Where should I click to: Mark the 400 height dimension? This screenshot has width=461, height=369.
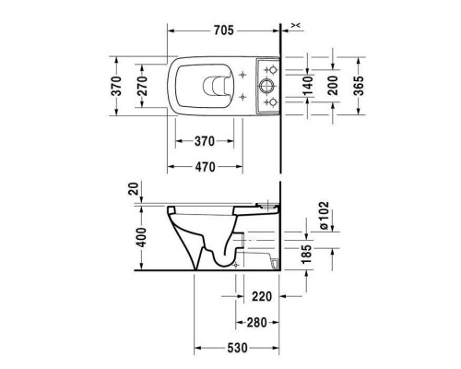[x=138, y=235]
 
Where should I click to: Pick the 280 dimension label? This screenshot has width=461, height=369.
[x=257, y=323]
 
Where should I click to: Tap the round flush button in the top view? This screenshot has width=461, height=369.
[x=266, y=84]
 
